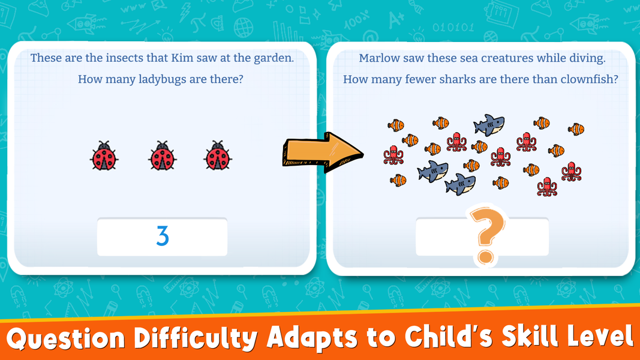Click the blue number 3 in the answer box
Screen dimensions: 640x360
[x=163, y=236]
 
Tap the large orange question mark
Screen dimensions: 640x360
[x=487, y=236]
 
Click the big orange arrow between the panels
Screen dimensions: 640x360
[x=323, y=152]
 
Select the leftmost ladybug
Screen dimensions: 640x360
[x=104, y=155]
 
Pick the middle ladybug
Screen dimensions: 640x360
[x=162, y=155]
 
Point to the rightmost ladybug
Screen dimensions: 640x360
[x=218, y=155]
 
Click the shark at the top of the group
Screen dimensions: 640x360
[x=489, y=125]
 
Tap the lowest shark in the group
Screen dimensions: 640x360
[x=460, y=184]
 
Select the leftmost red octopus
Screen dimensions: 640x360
[x=393, y=155]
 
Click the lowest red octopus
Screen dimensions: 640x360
[x=547, y=187]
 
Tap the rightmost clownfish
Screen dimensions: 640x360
[x=576, y=130]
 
